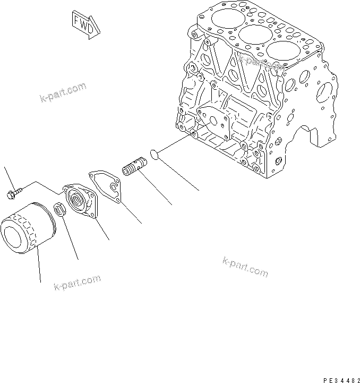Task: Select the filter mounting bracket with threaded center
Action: (80, 202)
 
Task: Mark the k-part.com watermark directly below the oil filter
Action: (77, 283)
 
